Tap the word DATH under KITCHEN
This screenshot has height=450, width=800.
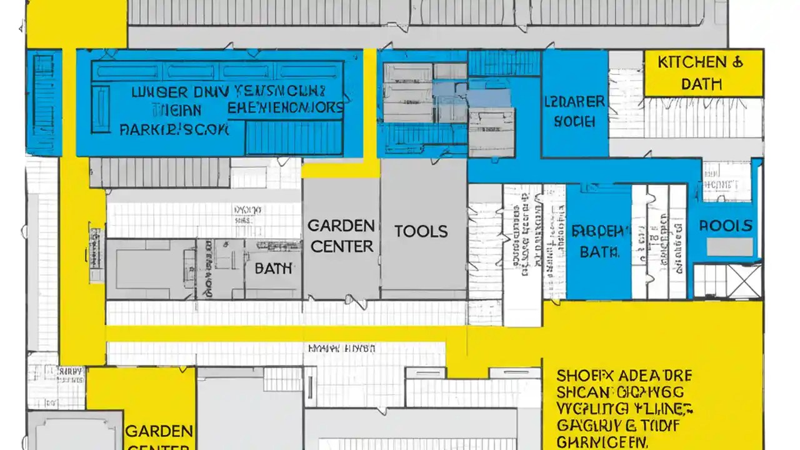[x=702, y=84]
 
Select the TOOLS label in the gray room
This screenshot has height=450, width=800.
[x=421, y=232]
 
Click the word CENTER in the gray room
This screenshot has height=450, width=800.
[x=341, y=247]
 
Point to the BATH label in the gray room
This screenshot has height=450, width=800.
[x=273, y=269]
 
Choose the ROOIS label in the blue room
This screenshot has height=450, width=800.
[x=725, y=226]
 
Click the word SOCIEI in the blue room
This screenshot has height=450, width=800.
[x=574, y=122]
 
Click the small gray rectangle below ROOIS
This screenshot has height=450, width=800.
[x=730, y=247]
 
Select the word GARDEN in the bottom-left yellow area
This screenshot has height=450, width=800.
[x=158, y=431]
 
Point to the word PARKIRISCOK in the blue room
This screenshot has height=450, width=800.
[x=174, y=130]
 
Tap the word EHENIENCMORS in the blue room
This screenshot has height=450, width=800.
[x=286, y=107]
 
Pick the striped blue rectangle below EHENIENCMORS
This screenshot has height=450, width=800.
[x=294, y=138]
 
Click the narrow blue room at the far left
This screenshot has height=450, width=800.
[x=44, y=103]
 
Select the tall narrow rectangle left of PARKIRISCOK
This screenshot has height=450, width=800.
[x=100, y=109]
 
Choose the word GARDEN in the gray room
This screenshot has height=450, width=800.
[x=341, y=225]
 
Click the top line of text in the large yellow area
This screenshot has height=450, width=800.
[x=624, y=376]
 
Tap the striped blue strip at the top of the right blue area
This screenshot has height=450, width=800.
[x=504, y=63]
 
